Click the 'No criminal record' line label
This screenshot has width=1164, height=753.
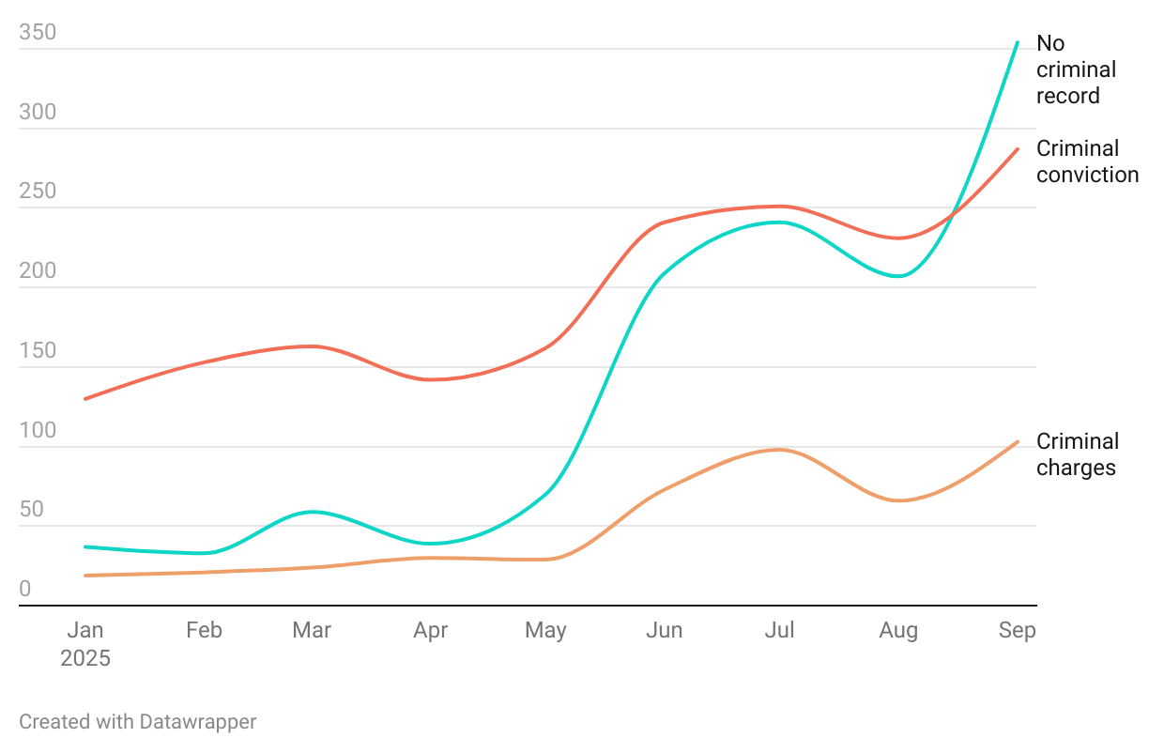(x=1076, y=69)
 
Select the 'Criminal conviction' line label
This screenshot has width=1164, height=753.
(x=1087, y=161)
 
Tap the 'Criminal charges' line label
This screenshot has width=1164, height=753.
(x=1078, y=454)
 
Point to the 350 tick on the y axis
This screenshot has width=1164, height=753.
(x=38, y=34)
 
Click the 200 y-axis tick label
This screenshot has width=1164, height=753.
(x=38, y=272)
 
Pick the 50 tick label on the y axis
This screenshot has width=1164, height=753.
(x=32, y=511)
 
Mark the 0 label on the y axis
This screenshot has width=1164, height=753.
(x=25, y=590)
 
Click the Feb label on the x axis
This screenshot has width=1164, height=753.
(x=204, y=630)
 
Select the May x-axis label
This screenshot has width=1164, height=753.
(x=545, y=630)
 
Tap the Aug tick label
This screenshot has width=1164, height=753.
(x=898, y=630)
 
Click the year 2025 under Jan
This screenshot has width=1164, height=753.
(x=85, y=658)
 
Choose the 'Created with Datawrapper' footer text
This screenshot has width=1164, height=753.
(x=138, y=722)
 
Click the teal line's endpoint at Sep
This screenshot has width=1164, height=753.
(x=1018, y=42)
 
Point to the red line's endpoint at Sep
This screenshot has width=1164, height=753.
(x=1018, y=148)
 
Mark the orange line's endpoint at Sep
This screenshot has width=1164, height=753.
(x=1018, y=441)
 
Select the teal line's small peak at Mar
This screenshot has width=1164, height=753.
(x=313, y=512)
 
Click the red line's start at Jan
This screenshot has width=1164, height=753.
(x=85, y=399)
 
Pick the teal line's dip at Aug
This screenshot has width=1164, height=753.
(x=899, y=276)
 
